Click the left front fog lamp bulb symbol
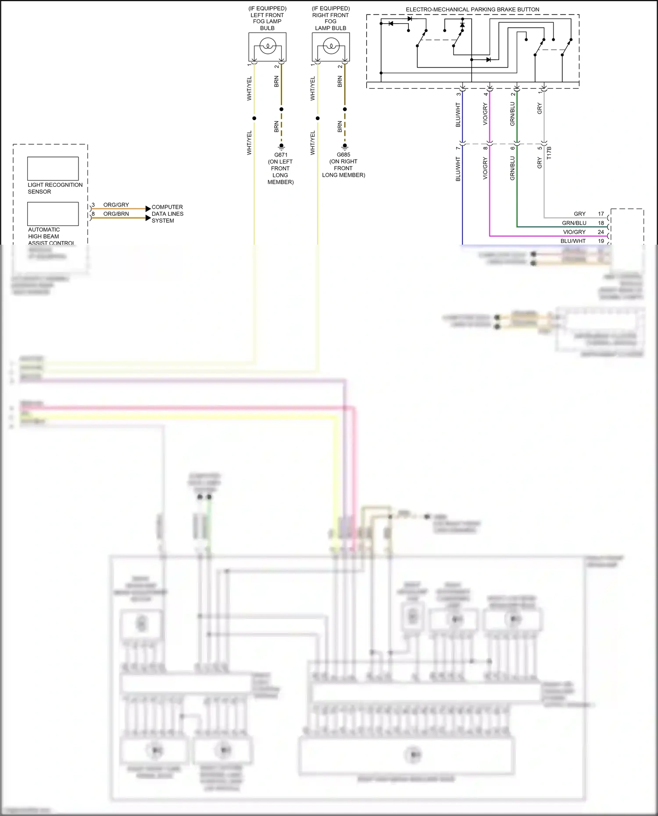(x=268, y=46)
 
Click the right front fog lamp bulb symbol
(x=331, y=46)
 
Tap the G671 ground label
(x=281, y=155)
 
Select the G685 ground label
(x=343, y=155)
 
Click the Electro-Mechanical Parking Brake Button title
(x=472, y=9)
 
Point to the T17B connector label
(x=549, y=153)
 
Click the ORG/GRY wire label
(x=116, y=205)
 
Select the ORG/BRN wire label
(x=116, y=214)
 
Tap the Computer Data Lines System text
(x=167, y=214)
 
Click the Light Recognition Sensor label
(x=55, y=188)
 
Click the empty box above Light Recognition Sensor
(x=53, y=168)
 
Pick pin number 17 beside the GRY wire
(x=601, y=214)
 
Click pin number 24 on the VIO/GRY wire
(x=601, y=232)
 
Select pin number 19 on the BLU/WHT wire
(x=601, y=241)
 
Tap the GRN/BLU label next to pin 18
(x=574, y=223)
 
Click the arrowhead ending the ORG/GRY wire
(x=148, y=209)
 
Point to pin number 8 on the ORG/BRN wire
(x=93, y=214)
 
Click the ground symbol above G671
(x=282, y=146)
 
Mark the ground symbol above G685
(x=345, y=146)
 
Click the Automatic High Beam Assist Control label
(x=51, y=236)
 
